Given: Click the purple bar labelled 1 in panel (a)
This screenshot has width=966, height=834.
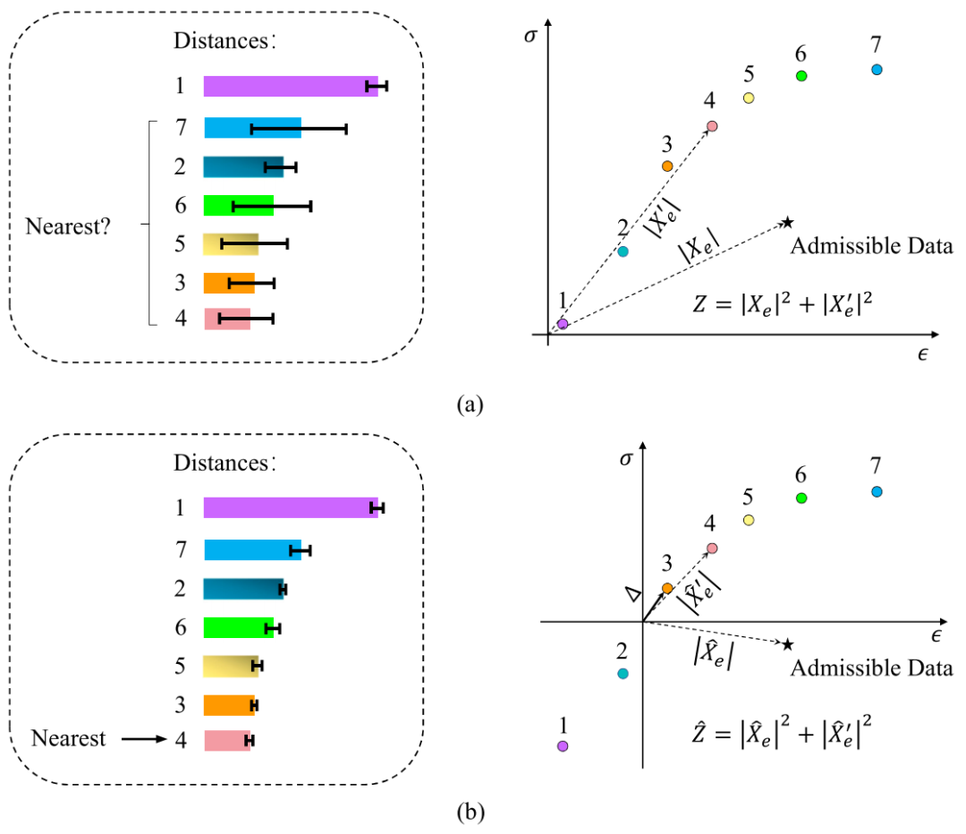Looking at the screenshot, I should point(286,86).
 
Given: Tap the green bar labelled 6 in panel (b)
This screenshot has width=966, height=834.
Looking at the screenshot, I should point(236,627).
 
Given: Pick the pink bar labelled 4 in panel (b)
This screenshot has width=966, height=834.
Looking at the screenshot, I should point(227,740).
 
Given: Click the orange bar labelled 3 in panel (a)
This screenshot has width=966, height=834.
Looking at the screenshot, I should point(228,283).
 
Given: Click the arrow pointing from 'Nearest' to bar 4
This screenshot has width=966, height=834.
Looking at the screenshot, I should point(144,739).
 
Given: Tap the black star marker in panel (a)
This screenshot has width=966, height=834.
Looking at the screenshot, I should point(787,222).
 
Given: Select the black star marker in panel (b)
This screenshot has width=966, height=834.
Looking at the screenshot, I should point(787,643).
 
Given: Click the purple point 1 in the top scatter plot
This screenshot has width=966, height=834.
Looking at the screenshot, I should point(563,324).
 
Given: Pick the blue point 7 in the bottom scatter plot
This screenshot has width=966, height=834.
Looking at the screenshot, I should point(877,491).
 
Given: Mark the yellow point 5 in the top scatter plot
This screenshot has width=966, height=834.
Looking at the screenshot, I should point(749,98).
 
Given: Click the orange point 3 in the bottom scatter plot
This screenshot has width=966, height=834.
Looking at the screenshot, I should point(667,588).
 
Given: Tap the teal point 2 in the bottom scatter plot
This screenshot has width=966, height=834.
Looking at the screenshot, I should point(623,673).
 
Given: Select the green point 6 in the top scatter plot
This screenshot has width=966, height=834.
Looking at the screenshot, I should point(801,75).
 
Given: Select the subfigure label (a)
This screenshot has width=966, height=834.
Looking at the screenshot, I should point(470,404).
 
